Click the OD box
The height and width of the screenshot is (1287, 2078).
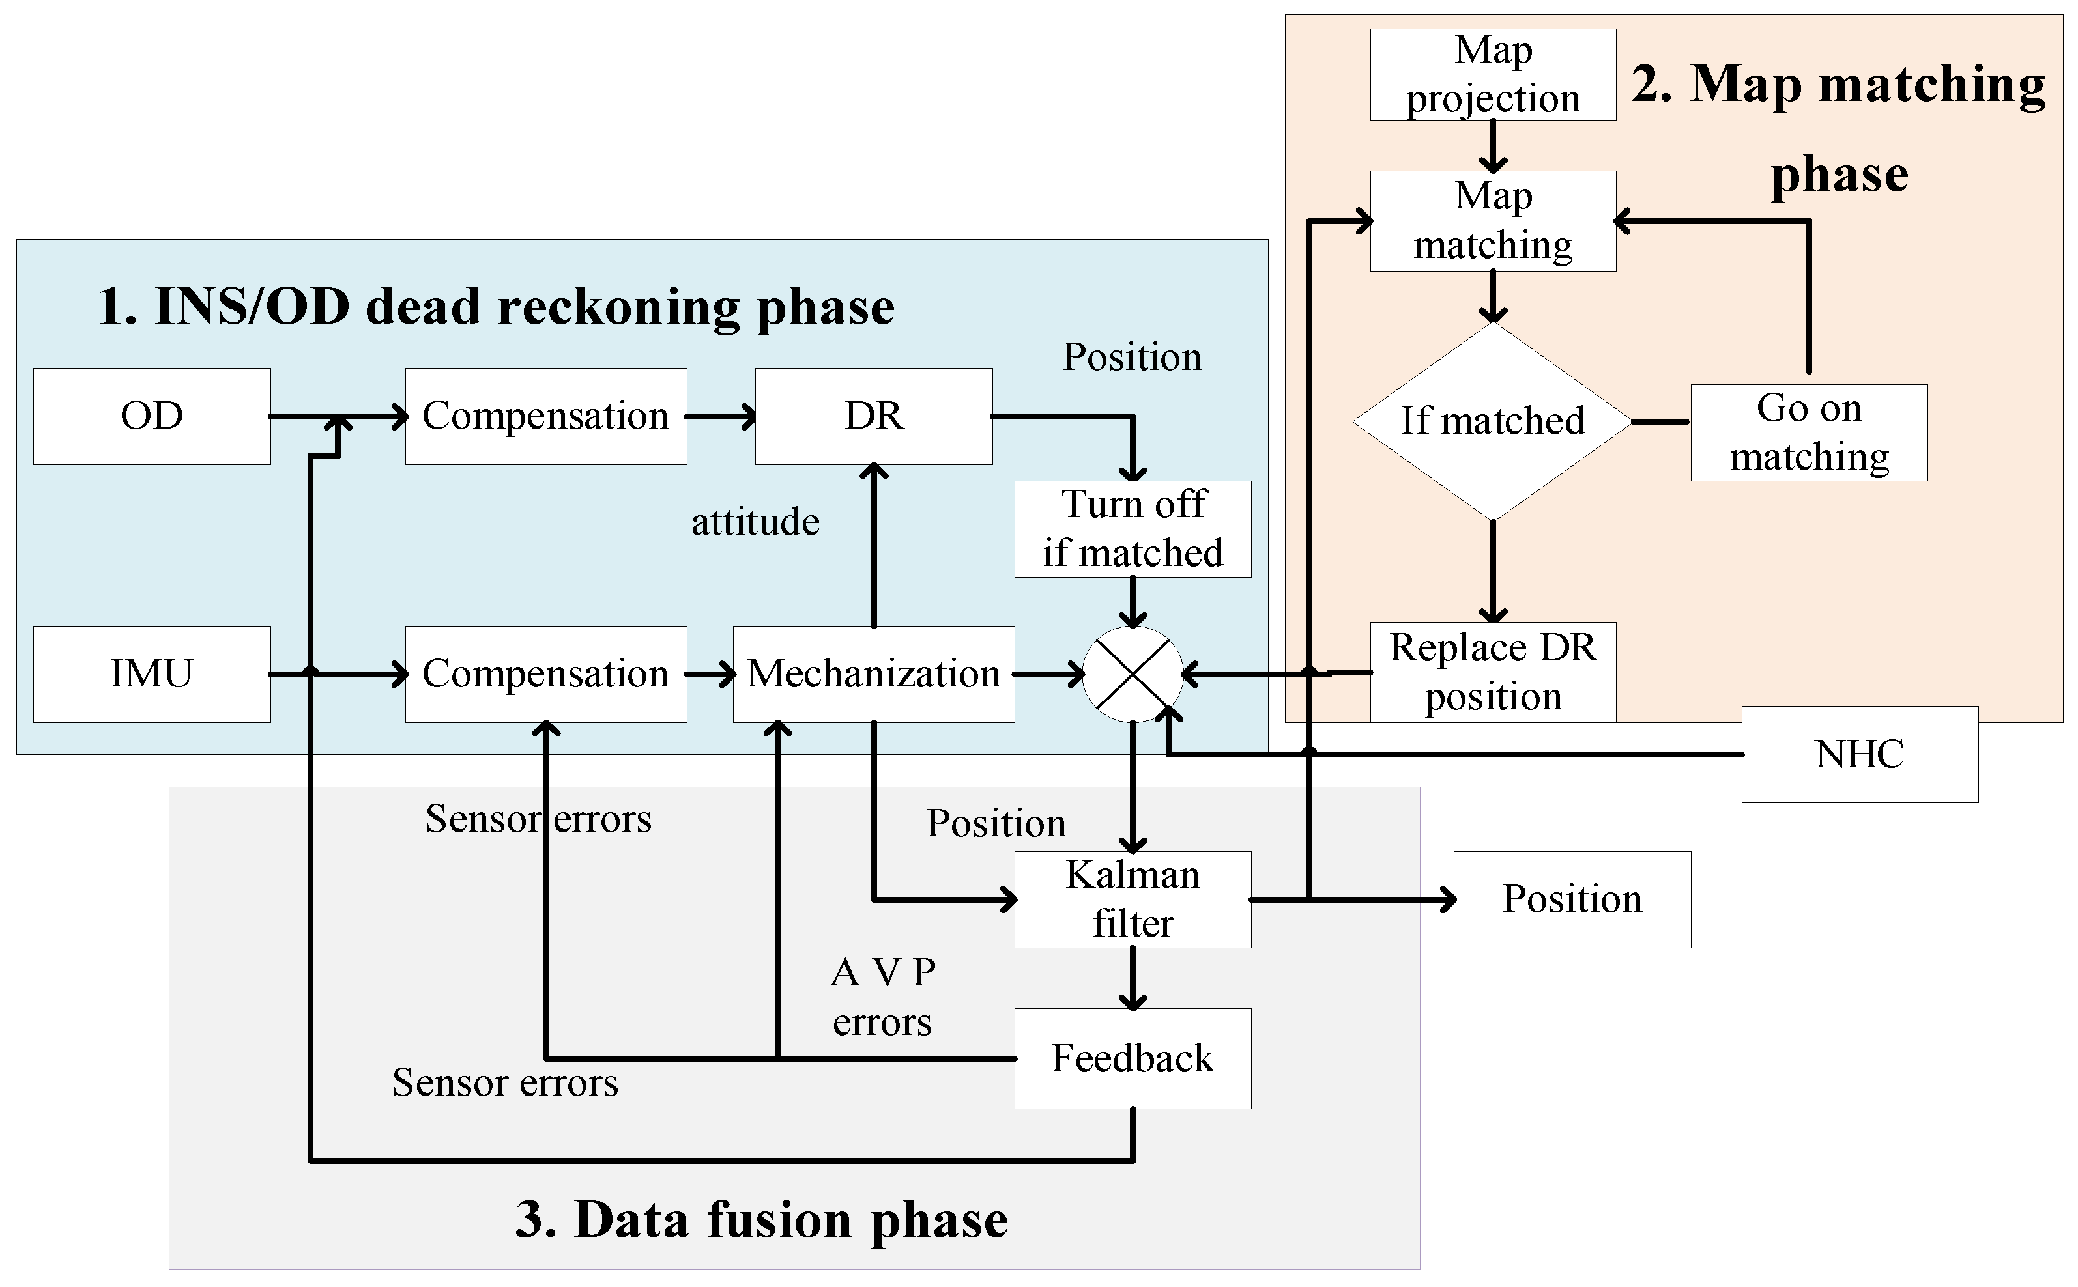(x=152, y=416)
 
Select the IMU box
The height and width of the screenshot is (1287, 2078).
(x=152, y=674)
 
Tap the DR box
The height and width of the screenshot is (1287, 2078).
(x=873, y=416)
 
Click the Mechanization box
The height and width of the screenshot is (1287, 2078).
(x=873, y=674)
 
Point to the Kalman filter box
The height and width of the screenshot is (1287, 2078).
(x=1132, y=899)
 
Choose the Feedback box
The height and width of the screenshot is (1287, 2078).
(x=1132, y=1058)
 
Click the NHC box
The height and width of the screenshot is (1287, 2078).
(x=1859, y=754)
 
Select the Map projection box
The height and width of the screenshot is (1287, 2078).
(x=1492, y=75)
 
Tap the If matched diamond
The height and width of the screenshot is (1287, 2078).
(x=1492, y=421)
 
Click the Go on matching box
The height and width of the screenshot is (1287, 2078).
(x=1808, y=432)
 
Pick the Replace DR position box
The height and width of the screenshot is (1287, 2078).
(x=1492, y=672)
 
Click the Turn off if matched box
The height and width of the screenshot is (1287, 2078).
(x=1132, y=529)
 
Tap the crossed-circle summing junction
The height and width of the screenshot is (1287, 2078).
(x=1132, y=674)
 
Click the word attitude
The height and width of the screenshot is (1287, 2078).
(x=755, y=522)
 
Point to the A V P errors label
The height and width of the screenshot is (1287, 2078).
(x=882, y=997)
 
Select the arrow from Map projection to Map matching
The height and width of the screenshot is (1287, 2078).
(x=1492, y=147)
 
